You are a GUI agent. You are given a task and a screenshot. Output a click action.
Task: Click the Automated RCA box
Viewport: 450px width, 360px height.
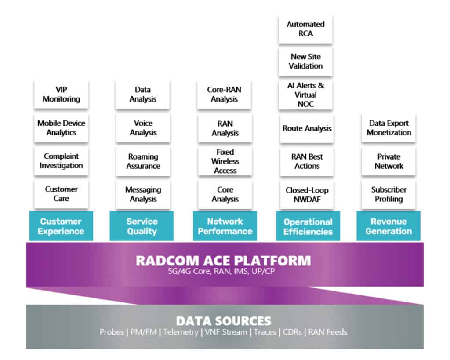(305, 29)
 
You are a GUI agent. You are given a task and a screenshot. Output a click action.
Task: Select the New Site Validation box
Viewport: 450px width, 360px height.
(305, 62)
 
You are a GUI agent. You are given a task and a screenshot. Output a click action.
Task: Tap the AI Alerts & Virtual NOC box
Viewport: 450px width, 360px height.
(305, 95)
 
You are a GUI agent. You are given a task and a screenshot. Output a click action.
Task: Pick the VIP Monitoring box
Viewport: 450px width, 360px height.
(61, 95)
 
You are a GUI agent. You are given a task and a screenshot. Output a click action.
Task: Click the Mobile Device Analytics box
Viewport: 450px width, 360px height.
(61, 128)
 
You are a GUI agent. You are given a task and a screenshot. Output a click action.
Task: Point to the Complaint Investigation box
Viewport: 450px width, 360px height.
(61, 161)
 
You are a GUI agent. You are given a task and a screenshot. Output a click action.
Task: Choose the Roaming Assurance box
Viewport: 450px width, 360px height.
(143, 161)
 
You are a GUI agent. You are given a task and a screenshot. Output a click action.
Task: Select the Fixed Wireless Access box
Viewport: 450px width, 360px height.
(225, 161)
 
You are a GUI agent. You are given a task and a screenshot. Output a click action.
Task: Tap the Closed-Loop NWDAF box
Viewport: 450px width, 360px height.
(307, 194)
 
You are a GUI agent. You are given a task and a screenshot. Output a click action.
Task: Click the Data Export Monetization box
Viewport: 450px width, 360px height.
(388, 128)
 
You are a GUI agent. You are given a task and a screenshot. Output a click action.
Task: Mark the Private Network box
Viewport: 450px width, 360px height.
(388, 161)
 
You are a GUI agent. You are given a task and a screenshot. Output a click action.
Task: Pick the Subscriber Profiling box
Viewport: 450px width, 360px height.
(388, 194)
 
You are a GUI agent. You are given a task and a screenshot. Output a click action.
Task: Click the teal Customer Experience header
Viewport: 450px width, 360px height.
(61, 226)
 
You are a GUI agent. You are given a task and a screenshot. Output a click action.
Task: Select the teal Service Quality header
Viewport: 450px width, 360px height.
(142, 226)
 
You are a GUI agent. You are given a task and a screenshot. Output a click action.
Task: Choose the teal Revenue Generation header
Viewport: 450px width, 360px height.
(388, 226)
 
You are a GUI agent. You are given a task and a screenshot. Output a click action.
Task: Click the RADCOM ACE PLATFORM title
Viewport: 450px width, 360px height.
(223, 261)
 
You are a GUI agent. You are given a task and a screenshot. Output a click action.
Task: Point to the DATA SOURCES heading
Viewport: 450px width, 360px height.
(223, 320)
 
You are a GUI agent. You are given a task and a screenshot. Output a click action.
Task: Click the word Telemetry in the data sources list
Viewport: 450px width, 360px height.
(181, 332)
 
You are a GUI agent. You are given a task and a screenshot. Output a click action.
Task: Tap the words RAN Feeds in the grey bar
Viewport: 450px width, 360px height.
(327, 332)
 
